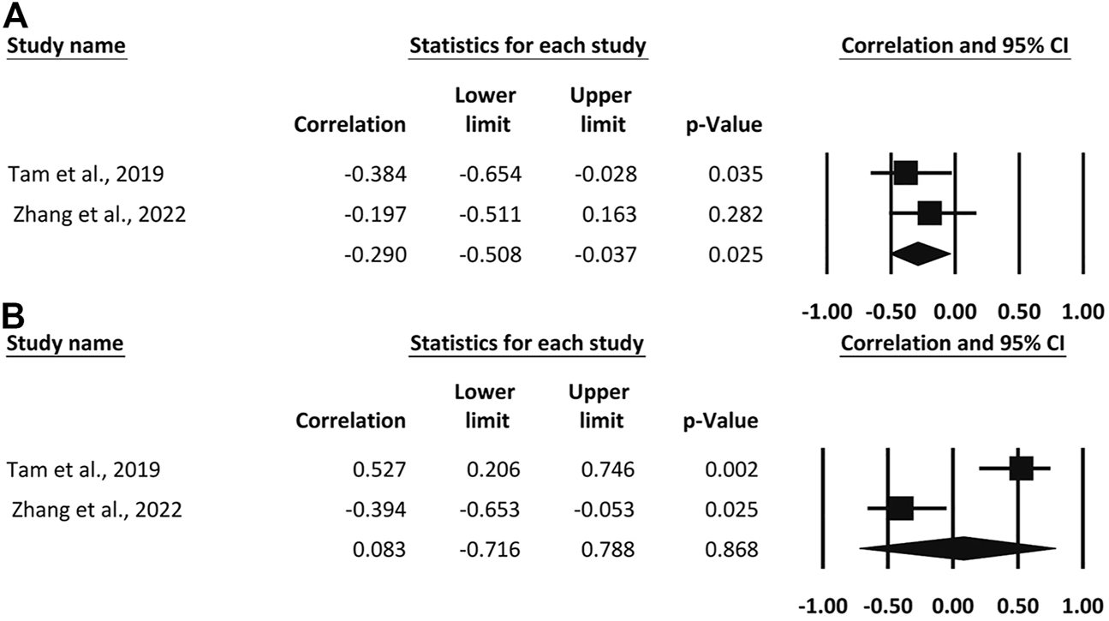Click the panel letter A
pyautogui.click(x=18, y=15)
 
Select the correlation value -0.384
pyautogui.click(x=375, y=174)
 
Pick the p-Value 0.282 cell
pyautogui.click(x=735, y=213)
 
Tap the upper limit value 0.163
pyautogui.click(x=611, y=213)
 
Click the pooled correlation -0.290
pyautogui.click(x=375, y=254)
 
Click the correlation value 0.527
pyautogui.click(x=380, y=469)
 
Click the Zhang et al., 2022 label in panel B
pyautogui.click(x=98, y=510)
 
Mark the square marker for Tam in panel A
pyautogui.click(x=905, y=173)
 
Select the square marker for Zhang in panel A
pyautogui.click(x=929, y=213)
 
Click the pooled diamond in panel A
pyautogui.click(x=921, y=254)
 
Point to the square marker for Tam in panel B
pyautogui.click(x=1021, y=469)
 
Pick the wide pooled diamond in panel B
pyautogui.click(x=959, y=549)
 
